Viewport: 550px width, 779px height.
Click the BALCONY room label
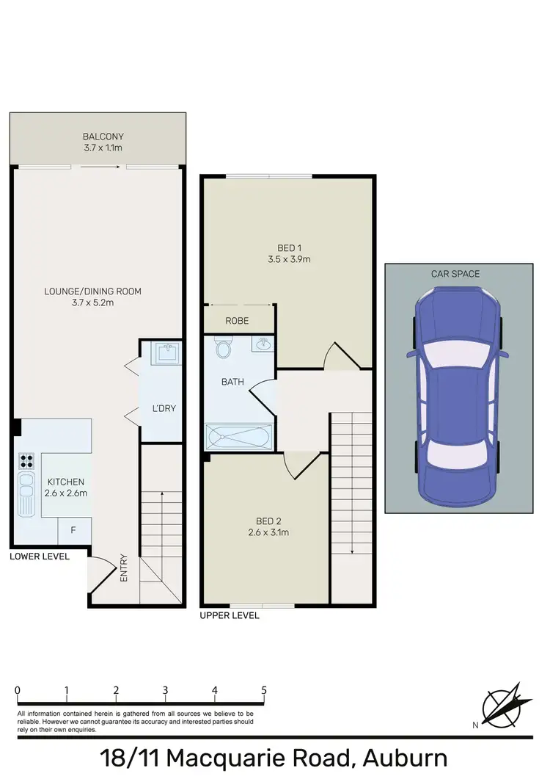[103, 137]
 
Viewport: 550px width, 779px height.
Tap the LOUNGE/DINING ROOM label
[92, 291]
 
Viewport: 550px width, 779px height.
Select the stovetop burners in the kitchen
[26, 461]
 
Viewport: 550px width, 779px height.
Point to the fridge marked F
[73, 529]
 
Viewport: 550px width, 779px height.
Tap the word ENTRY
[124, 568]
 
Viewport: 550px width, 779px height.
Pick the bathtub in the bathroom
[239, 438]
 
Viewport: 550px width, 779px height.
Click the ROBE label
[237, 321]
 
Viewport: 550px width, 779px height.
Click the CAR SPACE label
[455, 274]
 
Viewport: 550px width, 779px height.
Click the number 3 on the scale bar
[166, 690]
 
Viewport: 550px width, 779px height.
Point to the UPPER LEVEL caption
[230, 615]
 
